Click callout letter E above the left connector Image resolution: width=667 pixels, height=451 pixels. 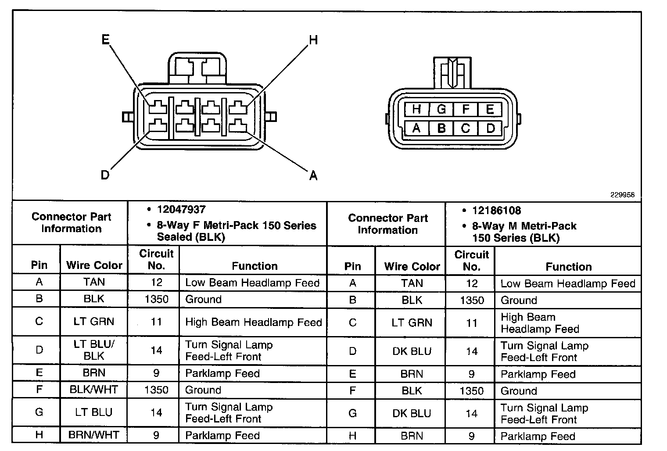105,40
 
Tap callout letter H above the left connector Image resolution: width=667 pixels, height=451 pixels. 313,40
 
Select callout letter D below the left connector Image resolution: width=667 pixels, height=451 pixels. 105,175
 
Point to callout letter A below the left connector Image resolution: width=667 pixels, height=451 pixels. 313,176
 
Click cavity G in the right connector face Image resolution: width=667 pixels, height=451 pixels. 441,109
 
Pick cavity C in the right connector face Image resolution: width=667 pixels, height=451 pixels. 466,128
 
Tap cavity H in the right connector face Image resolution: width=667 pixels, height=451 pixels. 416,109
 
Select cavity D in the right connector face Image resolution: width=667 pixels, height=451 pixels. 490,128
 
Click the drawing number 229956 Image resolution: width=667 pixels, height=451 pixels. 622,195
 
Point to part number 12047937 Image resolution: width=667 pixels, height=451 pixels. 181,210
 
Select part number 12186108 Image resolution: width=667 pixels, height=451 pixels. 496,211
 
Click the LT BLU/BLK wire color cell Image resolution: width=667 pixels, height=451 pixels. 93,350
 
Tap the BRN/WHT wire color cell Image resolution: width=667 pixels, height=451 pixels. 93,435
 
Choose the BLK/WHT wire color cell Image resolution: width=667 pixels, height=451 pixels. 93,390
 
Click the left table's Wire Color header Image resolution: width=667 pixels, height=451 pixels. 94,265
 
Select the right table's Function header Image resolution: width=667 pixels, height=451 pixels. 568,267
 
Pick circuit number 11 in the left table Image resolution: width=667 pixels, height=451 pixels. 156,322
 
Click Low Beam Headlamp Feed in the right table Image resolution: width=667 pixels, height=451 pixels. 568,283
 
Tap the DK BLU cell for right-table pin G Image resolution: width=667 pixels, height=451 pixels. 412,413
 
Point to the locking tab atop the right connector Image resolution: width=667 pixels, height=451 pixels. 452,72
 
